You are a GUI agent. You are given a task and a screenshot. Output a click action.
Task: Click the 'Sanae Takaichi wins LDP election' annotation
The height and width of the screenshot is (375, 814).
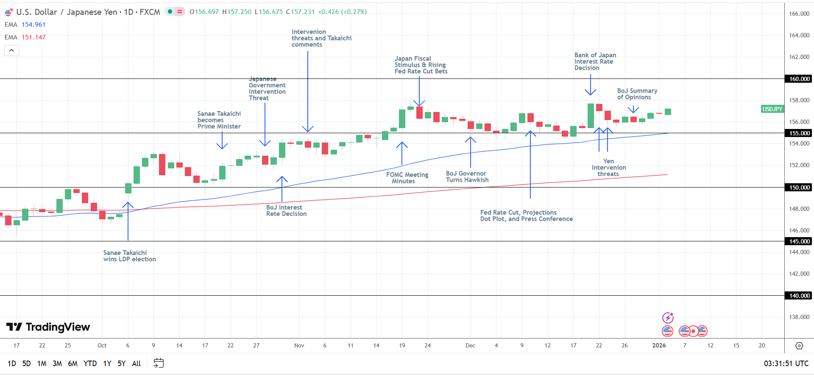tap(129, 256)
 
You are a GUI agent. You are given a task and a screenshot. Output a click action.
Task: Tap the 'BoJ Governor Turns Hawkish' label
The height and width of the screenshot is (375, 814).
tap(467, 176)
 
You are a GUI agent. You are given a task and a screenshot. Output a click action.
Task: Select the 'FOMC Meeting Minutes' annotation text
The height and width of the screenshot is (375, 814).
tap(407, 178)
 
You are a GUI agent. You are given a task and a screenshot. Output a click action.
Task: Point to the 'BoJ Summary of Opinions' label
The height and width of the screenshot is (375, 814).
tap(637, 94)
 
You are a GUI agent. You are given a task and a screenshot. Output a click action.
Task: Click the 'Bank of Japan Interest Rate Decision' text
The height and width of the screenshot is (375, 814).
tap(595, 62)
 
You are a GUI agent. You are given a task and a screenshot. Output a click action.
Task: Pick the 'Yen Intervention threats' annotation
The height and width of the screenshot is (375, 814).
tap(608, 168)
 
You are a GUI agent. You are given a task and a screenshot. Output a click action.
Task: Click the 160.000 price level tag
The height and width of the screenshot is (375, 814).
tap(799, 79)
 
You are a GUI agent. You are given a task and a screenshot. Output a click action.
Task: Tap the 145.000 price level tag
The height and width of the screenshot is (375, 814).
tap(799, 241)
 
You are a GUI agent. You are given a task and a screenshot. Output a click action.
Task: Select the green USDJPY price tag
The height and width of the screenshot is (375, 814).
tap(772, 109)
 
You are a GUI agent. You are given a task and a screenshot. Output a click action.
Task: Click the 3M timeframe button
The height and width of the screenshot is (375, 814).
tap(57, 364)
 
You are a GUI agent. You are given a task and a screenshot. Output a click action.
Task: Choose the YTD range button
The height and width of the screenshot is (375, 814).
tap(90, 364)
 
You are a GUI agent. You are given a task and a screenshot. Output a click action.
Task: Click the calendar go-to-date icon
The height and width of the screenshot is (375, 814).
tap(159, 363)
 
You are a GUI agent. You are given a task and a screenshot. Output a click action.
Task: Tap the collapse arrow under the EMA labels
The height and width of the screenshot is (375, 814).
tap(12, 50)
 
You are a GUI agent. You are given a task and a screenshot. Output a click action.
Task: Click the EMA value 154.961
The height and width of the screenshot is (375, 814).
tap(33, 25)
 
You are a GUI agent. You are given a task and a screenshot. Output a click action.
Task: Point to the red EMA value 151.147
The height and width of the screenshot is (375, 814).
tap(33, 37)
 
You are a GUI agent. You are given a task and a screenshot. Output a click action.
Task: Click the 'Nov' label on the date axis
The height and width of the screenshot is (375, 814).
tap(299, 345)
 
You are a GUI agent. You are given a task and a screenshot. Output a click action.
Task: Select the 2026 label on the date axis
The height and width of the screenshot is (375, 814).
tap(659, 345)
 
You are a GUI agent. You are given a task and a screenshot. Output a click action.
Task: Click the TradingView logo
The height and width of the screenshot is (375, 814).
tap(48, 327)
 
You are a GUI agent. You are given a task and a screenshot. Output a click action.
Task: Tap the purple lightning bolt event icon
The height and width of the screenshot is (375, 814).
tap(668, 318)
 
